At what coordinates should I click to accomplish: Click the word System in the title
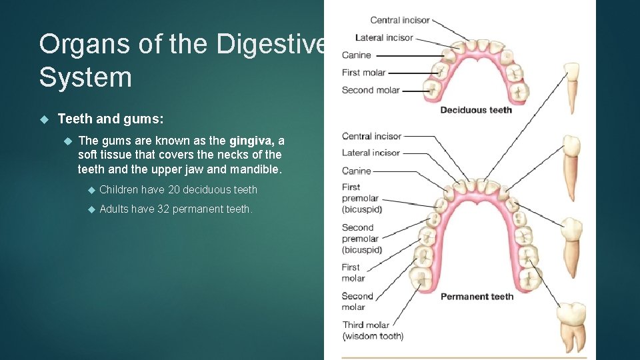coord(85,77)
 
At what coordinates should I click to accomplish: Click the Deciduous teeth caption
coord(475,109)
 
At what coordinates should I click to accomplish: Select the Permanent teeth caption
coord(477,296)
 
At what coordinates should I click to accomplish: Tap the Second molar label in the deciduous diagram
coord(370,90)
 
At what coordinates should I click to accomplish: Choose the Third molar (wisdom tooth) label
coord(372,330)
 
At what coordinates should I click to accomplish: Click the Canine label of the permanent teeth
coord(356,171)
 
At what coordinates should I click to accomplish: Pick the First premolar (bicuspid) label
coord(360,198)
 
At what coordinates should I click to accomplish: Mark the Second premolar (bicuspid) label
coord(361,239)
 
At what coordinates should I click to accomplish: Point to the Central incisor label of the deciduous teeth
coord(400,20)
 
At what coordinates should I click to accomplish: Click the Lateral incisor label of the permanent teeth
coord(371,153)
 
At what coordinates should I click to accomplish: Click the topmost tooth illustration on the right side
coord(571,87)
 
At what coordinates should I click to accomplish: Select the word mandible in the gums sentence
coord(256,169)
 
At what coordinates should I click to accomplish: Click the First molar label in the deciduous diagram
coord(363,73)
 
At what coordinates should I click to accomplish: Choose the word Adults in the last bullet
coord(114,209)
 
